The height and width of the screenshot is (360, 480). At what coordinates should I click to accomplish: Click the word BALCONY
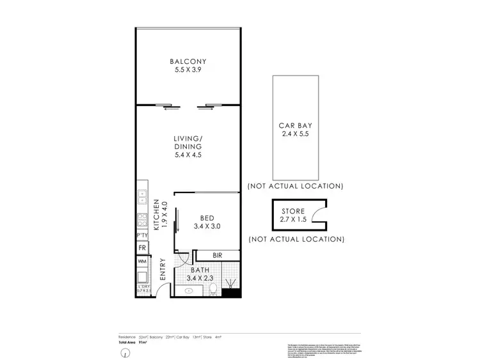[x=188, y=61]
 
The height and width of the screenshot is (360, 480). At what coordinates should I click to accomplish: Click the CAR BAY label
[x=294, y=126]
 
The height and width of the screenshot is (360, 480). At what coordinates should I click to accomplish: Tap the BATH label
[x=200, y=270]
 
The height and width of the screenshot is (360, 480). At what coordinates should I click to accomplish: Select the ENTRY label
[x=162, y=269]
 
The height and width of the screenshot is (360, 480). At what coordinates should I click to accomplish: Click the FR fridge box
[x=141, y=247]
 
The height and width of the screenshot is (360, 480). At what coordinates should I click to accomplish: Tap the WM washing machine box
[x=141, y=261]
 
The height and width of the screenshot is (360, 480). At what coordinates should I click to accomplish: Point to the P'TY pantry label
[x=141, y=235]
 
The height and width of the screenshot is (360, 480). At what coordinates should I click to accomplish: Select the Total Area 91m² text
[x=133, y=343]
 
